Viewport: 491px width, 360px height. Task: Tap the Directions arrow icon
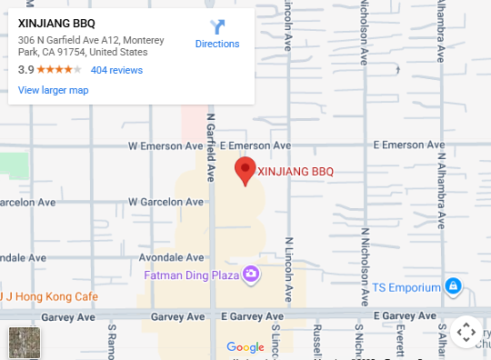[x=217, y=27]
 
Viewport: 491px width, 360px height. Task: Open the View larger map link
[x=53, y=90]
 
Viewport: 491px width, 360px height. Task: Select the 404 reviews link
[x=116, y=70]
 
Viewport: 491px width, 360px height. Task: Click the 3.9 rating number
[x=25, y=70]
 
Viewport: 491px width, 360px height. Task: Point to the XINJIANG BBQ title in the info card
[x=56, y=24]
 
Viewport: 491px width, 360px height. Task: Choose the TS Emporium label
[x=406, y=288]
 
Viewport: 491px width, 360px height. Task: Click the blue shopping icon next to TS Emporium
[x=454, y=288]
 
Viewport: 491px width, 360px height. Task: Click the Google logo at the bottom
[x=245, y=346]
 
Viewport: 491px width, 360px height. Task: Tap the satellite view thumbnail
[x=24, y=342]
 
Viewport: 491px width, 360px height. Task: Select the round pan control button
[x=466, y=333]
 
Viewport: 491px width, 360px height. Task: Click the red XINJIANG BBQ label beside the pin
[x=296, y=171]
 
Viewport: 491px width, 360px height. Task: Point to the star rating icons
[x=60, y=70]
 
